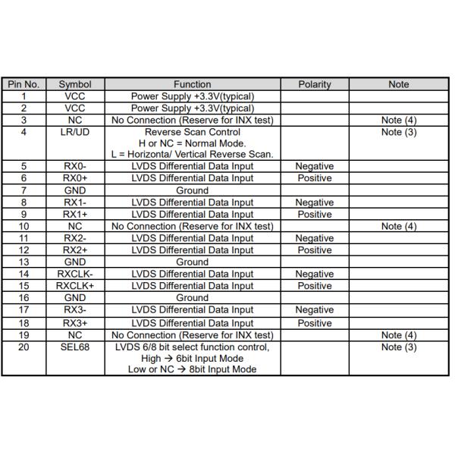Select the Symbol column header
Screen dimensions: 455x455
tap(75, 84)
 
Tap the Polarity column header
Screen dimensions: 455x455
tap(314, 84)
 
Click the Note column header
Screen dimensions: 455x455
tap(398, 84)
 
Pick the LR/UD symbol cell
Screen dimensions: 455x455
tap(75, 132)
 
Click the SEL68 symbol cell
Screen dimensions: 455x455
tap(75, 347)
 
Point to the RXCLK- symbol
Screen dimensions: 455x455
tap(75, 274)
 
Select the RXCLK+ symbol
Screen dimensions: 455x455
tap(75, 286)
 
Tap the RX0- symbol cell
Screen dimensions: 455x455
tap(75, 166)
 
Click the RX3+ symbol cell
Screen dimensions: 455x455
tap(75, 323)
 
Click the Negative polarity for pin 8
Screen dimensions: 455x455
tap(314, 202)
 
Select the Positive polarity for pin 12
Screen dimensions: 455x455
tap(314, 249)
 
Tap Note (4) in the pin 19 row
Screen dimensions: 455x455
tap(398, 335)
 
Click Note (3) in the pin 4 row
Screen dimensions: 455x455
tap(398, 132)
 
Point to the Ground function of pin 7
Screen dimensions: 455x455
tap(192, 190)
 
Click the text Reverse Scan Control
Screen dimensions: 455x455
tap(192, 132)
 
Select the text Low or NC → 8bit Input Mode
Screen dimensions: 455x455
tap(192, 369)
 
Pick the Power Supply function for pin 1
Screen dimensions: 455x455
tap(192, 96)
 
